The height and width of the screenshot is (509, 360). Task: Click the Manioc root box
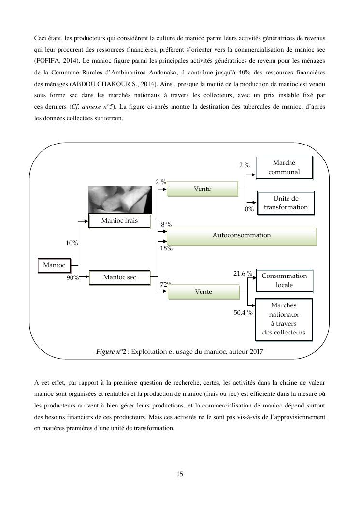(x=54, y=265)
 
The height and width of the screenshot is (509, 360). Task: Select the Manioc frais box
(x=119, y=221)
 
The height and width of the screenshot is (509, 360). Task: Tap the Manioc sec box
(x=119, y=277)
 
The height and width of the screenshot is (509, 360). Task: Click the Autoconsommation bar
(x=242, y=235)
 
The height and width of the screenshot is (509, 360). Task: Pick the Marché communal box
(x=284, y=167)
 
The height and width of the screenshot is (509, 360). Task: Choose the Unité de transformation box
(x=286, y=203)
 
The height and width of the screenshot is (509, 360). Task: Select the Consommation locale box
(x=284, y=280)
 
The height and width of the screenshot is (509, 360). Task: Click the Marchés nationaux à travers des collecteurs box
(x=284, y=319)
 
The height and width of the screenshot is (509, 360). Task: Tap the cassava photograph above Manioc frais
(x=120, y=199)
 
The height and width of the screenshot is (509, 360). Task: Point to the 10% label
(x=72, y=243)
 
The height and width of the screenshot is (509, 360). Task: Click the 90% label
(x=72, y=278)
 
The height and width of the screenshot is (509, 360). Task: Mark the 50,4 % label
(x=243, y=313)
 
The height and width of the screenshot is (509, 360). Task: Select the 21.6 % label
(x=243, y=274)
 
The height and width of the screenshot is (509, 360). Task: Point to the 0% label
(x=249, y=209)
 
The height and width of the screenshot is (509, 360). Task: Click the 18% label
(x=166, y=248)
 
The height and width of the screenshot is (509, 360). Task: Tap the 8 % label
(x=166, y=225)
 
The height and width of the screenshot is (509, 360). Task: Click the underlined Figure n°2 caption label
(x=111, y=352)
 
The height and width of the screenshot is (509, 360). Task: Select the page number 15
(x=180, y=474)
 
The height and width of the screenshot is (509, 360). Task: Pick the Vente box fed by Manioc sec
(x=203, y=292)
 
